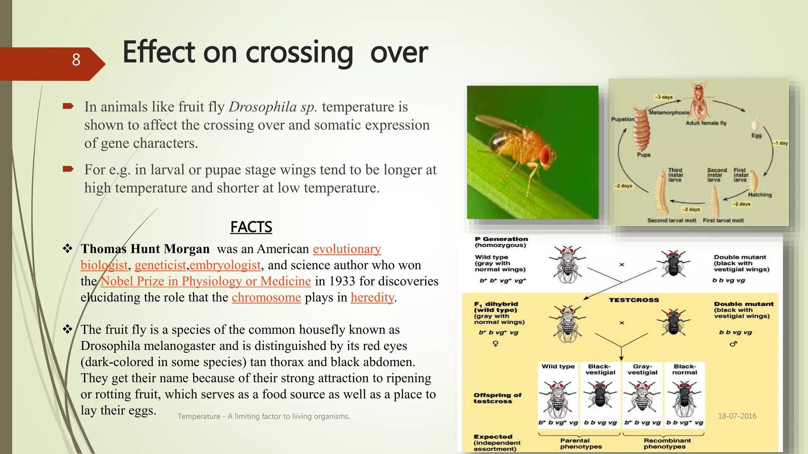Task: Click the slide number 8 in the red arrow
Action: point(76,60)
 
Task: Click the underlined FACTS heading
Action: point(251,227)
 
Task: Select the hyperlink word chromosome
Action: point(266,297)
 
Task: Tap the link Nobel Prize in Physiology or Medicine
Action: point(206,281)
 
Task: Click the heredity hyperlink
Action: point(372,297)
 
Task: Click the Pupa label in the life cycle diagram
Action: point(643,155)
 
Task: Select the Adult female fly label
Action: point(706,123)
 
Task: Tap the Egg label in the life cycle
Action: point(756,136)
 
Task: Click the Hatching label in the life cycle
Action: point(759,195)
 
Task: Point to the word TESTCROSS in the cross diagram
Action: point(634,300)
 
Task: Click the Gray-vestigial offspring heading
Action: point(642,369)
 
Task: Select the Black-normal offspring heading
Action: point(685,369)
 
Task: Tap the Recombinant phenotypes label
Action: point(667,443)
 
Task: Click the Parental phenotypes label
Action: point(580,443)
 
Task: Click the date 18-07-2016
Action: point(737,416)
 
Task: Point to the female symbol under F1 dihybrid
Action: point(496,344)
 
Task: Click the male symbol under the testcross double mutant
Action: point(733,344)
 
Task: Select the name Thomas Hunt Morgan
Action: point(145,249)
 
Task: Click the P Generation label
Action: point(501,239)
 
